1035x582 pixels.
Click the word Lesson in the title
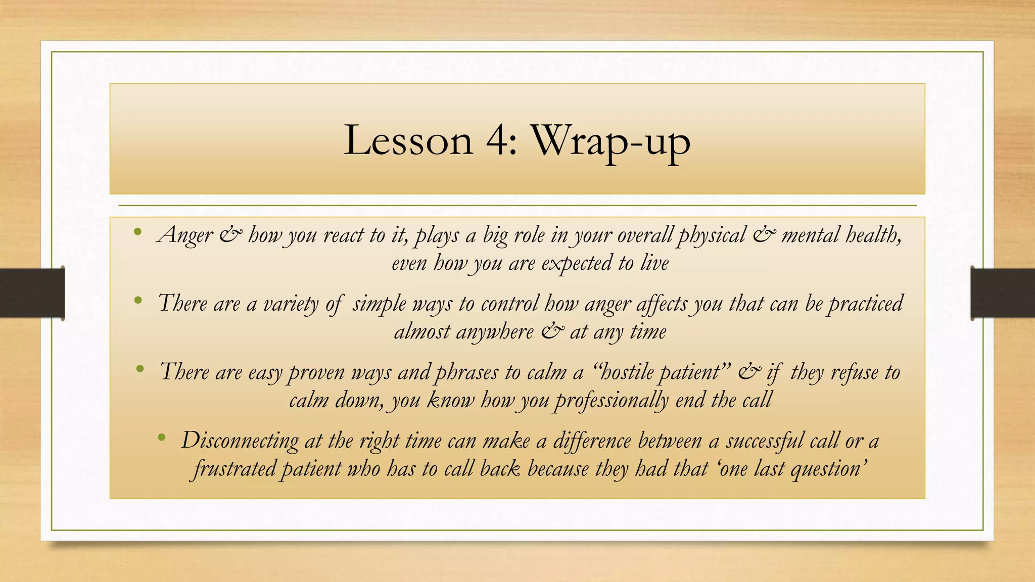coord(408,140)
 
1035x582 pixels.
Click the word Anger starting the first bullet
coord(185,235)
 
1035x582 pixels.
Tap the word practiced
coord(866,304)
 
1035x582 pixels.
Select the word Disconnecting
coord(240,441)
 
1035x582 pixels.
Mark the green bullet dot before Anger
coord(138,232)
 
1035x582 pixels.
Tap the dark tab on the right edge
coord(1003,293)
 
